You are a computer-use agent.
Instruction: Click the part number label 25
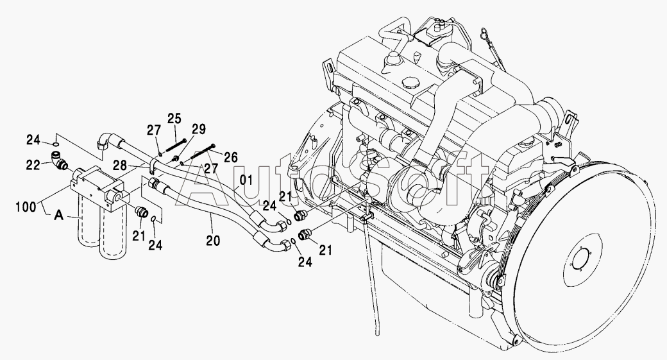[174, 119]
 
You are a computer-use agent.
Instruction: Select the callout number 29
[198, 129]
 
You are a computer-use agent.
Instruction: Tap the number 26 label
[230, 157]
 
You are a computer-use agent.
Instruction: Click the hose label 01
[246, 180]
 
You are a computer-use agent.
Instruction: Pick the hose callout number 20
[213, 241]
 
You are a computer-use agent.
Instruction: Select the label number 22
[33, 165]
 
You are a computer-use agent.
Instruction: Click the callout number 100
[26, 207]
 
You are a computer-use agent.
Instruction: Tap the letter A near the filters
[59, 216]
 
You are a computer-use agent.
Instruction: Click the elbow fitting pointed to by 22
[58, 160]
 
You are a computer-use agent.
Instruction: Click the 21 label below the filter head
[139, 236]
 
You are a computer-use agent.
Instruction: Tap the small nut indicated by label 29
[175, 159]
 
